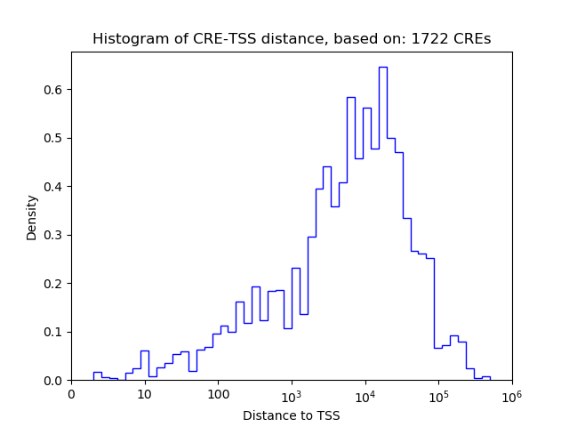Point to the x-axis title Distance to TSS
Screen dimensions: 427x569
point(291,415)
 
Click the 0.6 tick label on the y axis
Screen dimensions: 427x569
point(54,90)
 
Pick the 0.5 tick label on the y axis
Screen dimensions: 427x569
point(54,138)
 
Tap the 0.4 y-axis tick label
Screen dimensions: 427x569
point(54,187)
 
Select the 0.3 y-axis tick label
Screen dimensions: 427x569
point(54,235)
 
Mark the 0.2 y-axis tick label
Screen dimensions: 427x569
point(54,284)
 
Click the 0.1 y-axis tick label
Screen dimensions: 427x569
point(54,332)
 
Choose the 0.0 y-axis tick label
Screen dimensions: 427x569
point(54,381)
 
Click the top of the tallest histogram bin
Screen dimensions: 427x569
point(382,67)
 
